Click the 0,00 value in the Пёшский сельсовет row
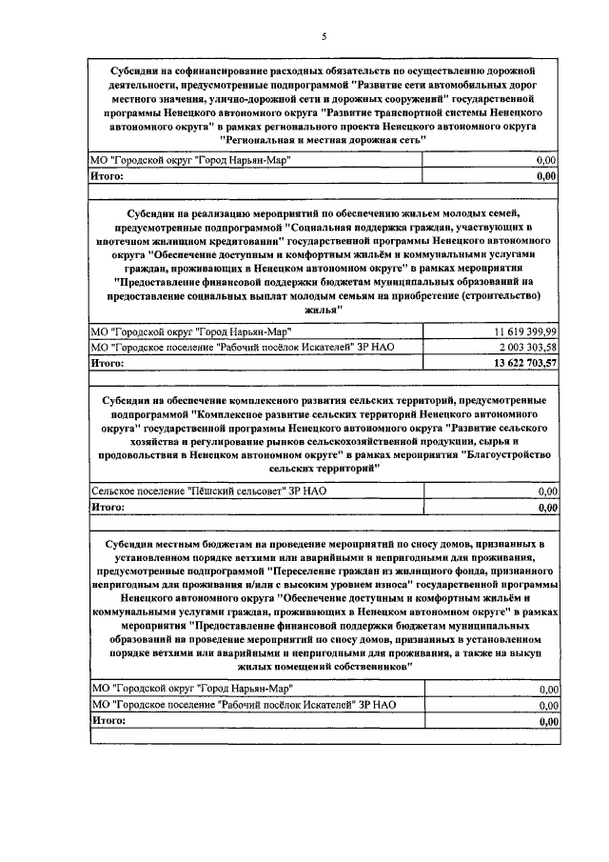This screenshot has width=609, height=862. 547,491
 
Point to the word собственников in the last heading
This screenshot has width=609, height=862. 368,669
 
